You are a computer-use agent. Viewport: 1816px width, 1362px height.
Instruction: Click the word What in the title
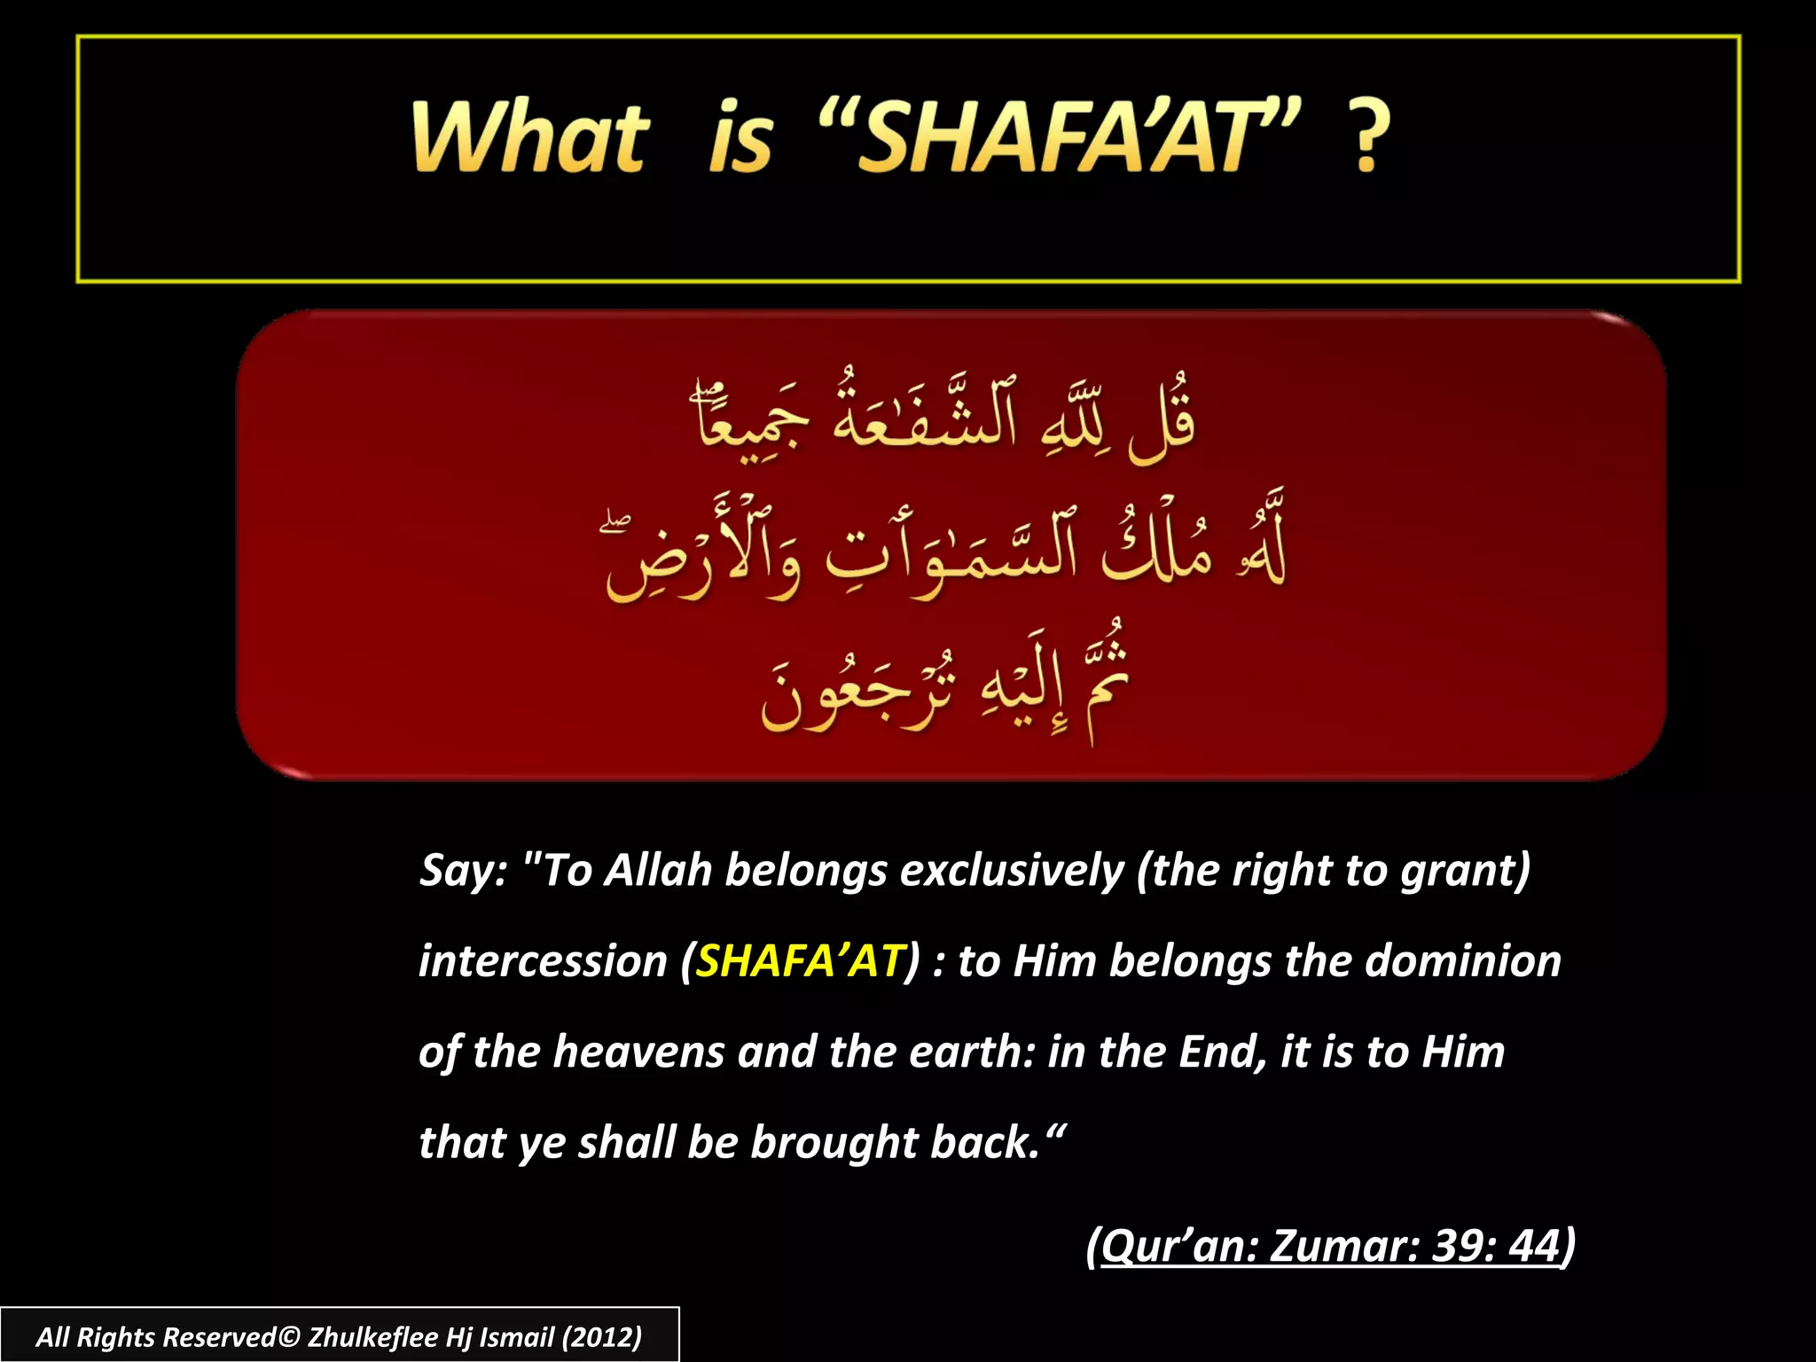[530, 137]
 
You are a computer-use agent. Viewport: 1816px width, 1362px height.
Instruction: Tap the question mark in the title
[1366, 137]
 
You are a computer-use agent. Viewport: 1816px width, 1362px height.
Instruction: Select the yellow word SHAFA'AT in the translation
[799, 961]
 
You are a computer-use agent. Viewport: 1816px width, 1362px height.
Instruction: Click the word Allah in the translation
[658, 871]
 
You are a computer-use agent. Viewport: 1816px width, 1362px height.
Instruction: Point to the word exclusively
[1012, 871]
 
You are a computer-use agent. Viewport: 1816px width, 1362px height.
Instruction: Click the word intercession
[543, 961]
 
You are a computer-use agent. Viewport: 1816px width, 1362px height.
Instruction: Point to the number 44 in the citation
[1534, 1246]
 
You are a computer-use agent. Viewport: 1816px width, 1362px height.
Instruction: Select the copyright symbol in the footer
[289, 1337]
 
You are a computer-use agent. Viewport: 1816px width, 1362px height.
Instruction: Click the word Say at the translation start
[461, 871]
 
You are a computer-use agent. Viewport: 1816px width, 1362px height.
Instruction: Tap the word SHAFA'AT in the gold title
[1060, 137]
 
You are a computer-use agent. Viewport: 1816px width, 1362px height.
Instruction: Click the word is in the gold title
[740, 137]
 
